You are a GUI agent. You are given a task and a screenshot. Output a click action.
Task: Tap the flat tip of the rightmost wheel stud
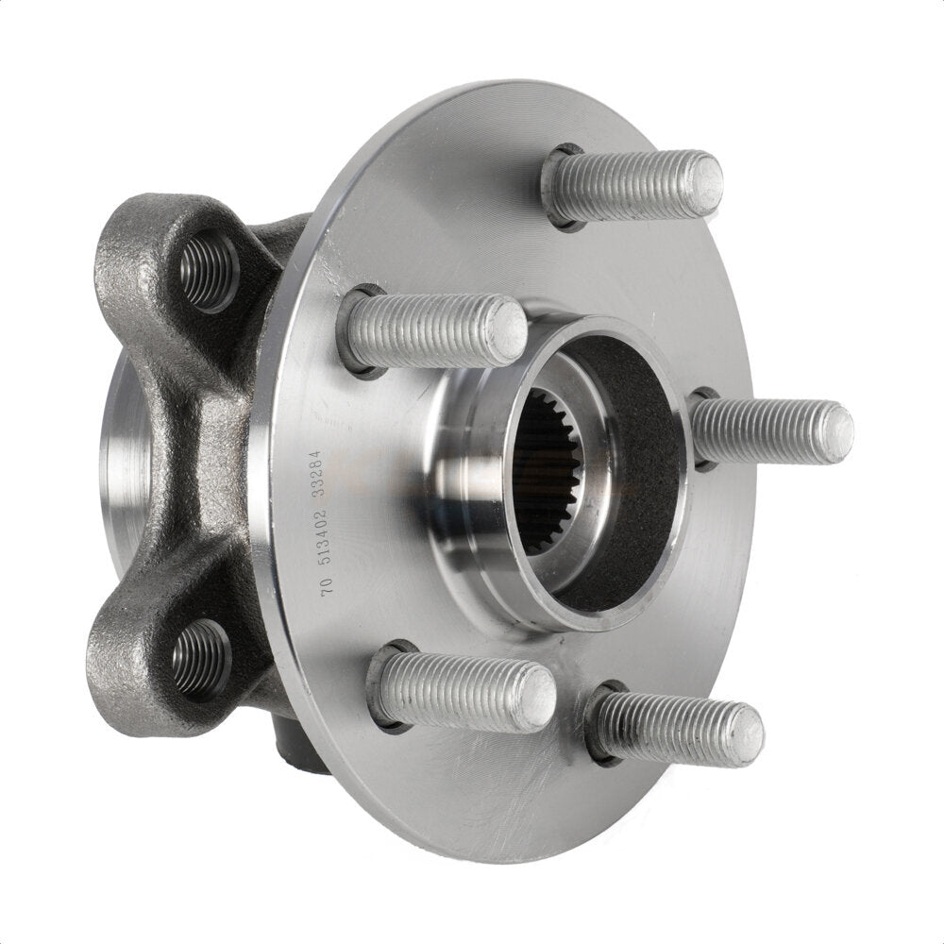(836, 433)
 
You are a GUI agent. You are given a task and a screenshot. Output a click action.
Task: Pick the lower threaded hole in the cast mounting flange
(200, 658)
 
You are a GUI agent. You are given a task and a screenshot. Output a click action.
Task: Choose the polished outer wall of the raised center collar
(463, 472)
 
